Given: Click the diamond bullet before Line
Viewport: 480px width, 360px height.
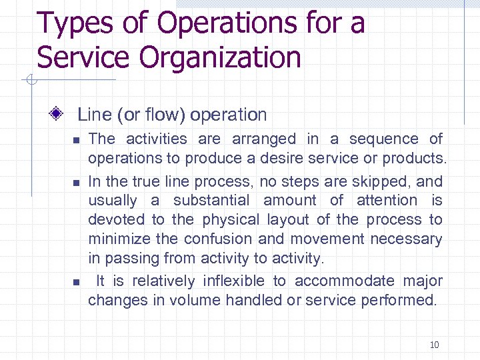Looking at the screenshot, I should tap(58, 114).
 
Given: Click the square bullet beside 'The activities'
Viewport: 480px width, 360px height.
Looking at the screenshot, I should tap(77, 140).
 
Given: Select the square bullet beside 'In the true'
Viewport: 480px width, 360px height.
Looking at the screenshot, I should tap(77, 182).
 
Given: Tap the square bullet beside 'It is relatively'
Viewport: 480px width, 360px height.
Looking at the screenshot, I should tap(77, 282).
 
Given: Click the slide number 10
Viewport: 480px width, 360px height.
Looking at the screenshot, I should tap(434, 345).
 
